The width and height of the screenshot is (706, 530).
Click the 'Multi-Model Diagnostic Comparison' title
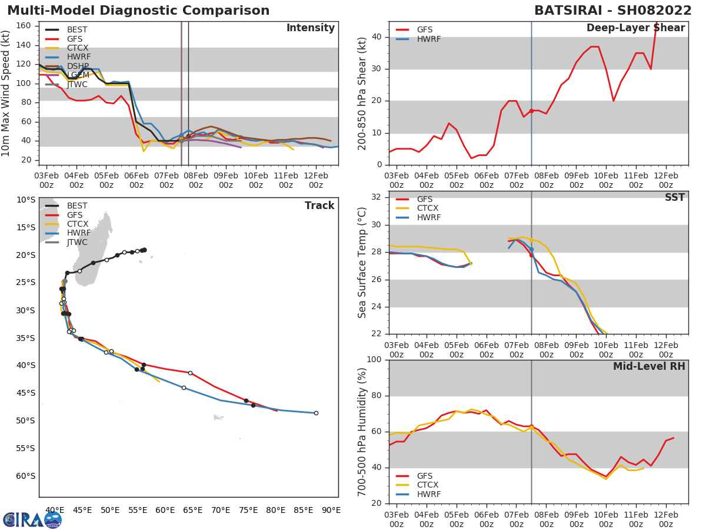(x=138, y=11)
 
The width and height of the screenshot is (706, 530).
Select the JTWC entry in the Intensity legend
(x=76, y=84)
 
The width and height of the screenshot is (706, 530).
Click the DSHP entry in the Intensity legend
(x=78, y=66)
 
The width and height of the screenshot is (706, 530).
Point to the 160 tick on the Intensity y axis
(x=31, y=25)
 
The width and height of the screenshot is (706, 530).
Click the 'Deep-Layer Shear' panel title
(x=635, y=28)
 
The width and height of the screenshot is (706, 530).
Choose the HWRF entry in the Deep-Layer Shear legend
(x=428, y=39)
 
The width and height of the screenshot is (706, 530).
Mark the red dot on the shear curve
(x=531, y=111)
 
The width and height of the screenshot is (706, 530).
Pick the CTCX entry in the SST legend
(x=428, y=208)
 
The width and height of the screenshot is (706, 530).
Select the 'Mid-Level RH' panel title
(x=649, y=366)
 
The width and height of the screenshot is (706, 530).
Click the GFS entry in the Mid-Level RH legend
(x=424, y=476)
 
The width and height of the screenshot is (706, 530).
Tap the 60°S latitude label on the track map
(x=26, y=476)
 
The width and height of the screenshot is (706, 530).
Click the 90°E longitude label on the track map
(x=331, y=510)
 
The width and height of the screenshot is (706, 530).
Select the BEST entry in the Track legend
(x=77, y=206)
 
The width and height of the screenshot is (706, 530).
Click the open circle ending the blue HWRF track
(x=316, y=413)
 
